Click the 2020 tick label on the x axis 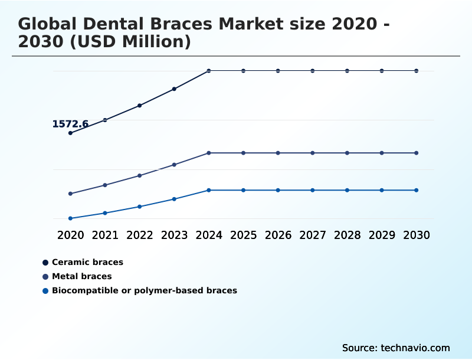[x=70, y=235]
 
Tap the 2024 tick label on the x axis [x=209, y=235]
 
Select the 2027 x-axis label [x=313, y=235]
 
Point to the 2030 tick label [x=417, y=235]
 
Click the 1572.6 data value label [x=70, y=124]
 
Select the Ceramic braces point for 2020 [x=70, y=133]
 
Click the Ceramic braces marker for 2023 [x=174, y=89]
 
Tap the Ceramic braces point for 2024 [x=209, y=71]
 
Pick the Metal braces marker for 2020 [x=70, y=194]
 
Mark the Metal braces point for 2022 [x=140, y=175]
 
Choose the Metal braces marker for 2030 [x=417, y=153]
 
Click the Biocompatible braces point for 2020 [x=70, y=218]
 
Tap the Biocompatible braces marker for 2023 [x=174, y=199]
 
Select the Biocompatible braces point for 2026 [x=278, y=190]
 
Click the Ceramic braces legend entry [x=87, y=262]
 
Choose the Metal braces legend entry [x=81, y=276]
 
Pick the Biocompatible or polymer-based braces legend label [x=144, y=290]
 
